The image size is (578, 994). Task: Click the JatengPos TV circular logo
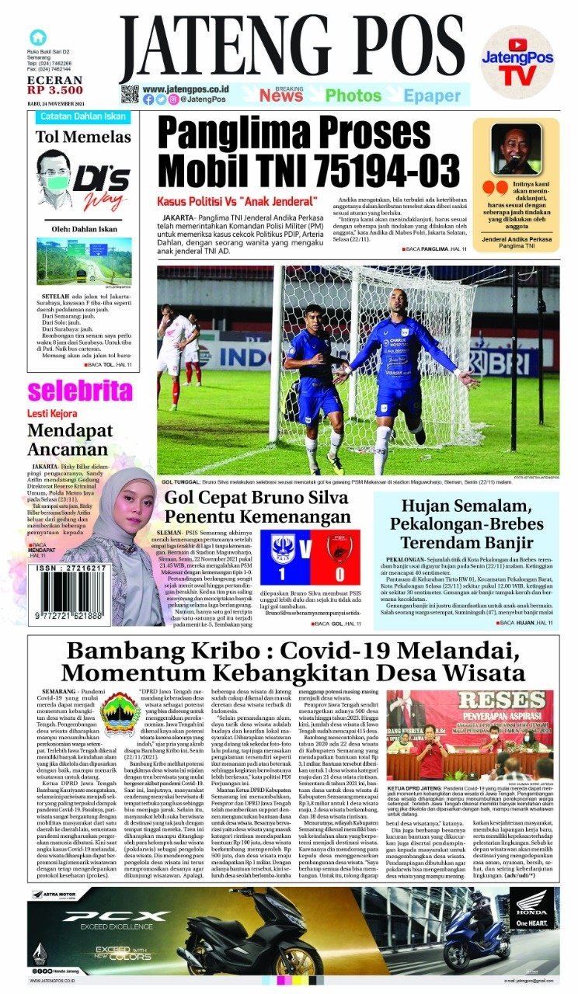tap(517, 62)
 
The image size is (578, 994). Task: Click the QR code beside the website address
tap(130, 95)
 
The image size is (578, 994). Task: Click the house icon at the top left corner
tap(37, 36)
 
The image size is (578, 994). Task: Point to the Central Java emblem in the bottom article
tap(120, 711)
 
